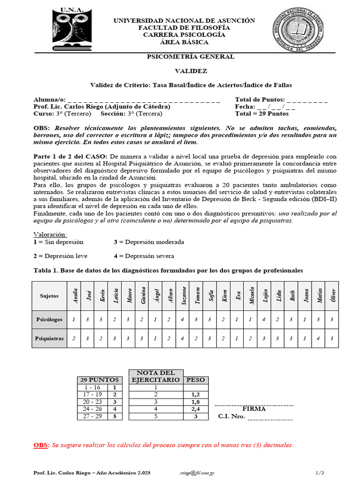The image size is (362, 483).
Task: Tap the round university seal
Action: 299,31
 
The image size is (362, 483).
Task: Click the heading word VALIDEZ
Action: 191,71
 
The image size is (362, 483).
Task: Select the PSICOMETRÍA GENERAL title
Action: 191,57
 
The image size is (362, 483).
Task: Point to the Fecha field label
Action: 245,107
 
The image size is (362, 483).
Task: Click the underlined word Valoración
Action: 50,234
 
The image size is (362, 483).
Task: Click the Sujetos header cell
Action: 49,296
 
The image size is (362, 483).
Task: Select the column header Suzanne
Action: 184,296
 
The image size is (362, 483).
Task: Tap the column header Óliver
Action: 333,296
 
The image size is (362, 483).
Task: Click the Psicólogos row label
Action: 49,319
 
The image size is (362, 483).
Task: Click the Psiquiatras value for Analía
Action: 74,338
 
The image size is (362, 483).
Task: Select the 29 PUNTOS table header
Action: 99,380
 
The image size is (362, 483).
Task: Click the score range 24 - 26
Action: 92,409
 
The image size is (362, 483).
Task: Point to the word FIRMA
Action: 254,409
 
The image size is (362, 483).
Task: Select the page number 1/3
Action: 320,472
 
